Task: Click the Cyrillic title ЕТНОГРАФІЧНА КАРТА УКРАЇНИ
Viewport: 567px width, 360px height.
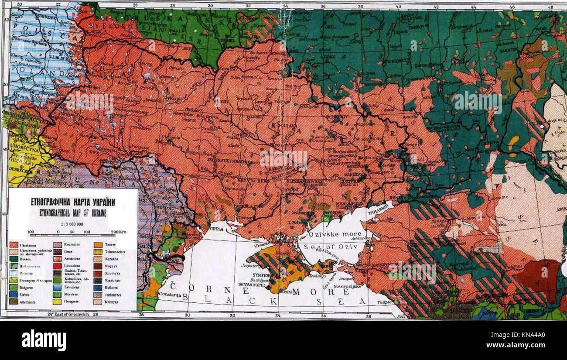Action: tap(73, 202)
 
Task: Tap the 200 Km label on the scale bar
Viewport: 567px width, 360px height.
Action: tap(118, 232)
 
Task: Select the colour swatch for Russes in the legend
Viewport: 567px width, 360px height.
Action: tap(13, 259)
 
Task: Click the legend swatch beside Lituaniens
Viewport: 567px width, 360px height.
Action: tap(56, 266)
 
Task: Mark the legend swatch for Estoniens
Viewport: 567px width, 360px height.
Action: tap(56, 287)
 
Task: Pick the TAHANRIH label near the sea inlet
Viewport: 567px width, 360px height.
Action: tap(381, 208)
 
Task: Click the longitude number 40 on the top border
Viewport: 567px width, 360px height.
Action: tap(398, 7)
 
